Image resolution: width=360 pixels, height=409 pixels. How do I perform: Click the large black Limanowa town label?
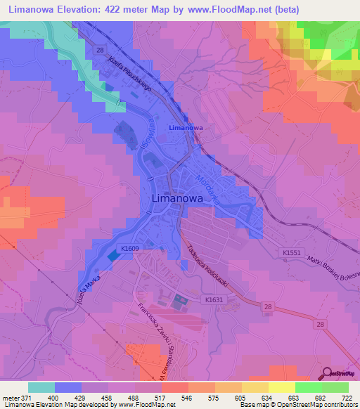coord(183,199)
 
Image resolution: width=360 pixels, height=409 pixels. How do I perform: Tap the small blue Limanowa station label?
coord(186,128)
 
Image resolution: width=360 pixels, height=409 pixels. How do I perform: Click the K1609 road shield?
coord(129,248)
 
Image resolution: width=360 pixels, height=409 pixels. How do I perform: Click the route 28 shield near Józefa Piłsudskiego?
coord(100,51)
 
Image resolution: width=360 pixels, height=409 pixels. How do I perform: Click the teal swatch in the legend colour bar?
coord(41,387)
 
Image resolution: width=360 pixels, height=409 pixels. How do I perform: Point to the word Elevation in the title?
coord(79,10)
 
